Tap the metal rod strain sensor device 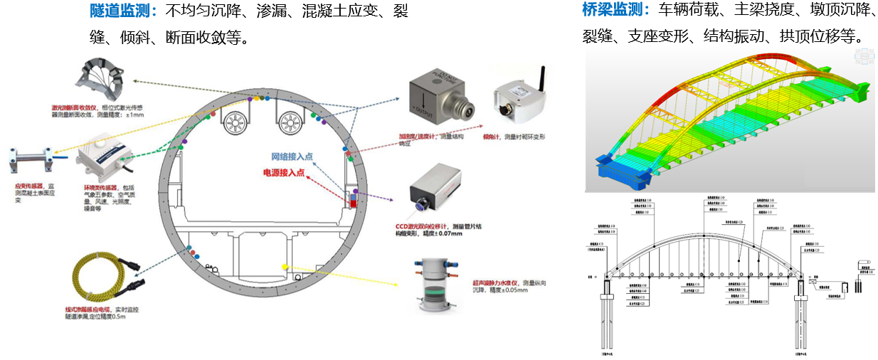(33, 159)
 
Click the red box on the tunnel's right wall (352, 200)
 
